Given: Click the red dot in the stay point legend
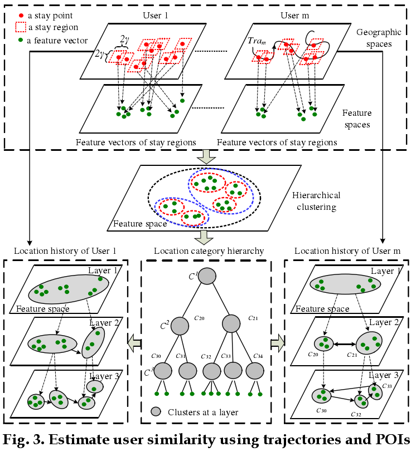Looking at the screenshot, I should [21, 16].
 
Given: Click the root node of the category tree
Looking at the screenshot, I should [206, 276].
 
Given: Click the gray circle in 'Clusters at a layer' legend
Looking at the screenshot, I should [157, 412].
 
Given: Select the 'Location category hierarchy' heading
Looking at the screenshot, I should [206, 252].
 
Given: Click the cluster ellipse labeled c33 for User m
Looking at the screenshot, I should [375, 392].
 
